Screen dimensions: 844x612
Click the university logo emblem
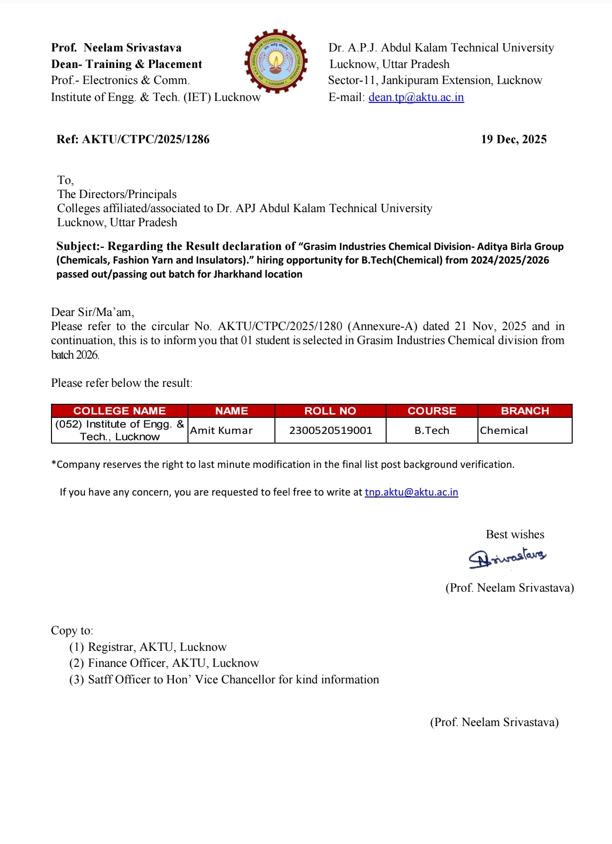click(276, 61)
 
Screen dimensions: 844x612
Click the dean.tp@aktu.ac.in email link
click(416, 97)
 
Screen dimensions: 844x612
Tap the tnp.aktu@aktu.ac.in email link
click(411, 492)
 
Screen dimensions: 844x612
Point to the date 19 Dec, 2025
click(513, 139)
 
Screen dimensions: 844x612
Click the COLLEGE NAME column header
click(119, 411)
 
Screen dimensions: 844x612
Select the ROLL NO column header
click(330, 411)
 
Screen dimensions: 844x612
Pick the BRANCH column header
click(525, 411)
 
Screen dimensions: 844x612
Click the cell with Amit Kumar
click(221, 430)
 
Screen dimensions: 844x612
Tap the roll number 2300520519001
click(330, 430)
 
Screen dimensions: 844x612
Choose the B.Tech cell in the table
click(432, 430)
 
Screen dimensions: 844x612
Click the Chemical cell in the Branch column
click(504, 430)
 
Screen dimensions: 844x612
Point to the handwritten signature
click(507, 557)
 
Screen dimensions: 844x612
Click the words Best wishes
click(515, 534)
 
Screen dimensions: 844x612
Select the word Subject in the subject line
click(77, 246)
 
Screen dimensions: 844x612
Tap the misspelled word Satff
click(100, 679)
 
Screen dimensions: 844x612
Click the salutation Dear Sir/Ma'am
click(92, 312)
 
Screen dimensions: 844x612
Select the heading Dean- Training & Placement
click(126, 64)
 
